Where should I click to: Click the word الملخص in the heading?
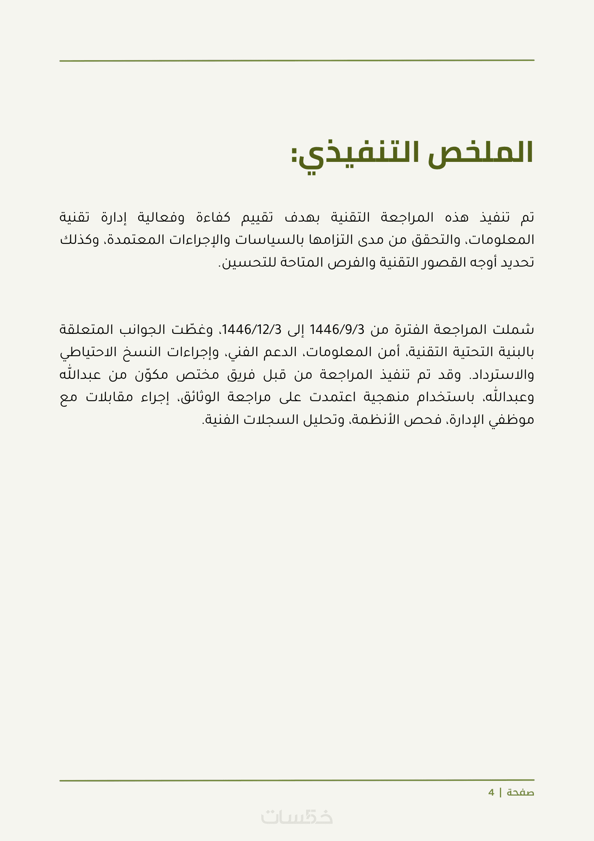tap(480, 153)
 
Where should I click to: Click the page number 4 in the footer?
tap(491, 793)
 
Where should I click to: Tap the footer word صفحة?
tap(520, 793)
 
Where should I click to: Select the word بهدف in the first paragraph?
tap(302, 217)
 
